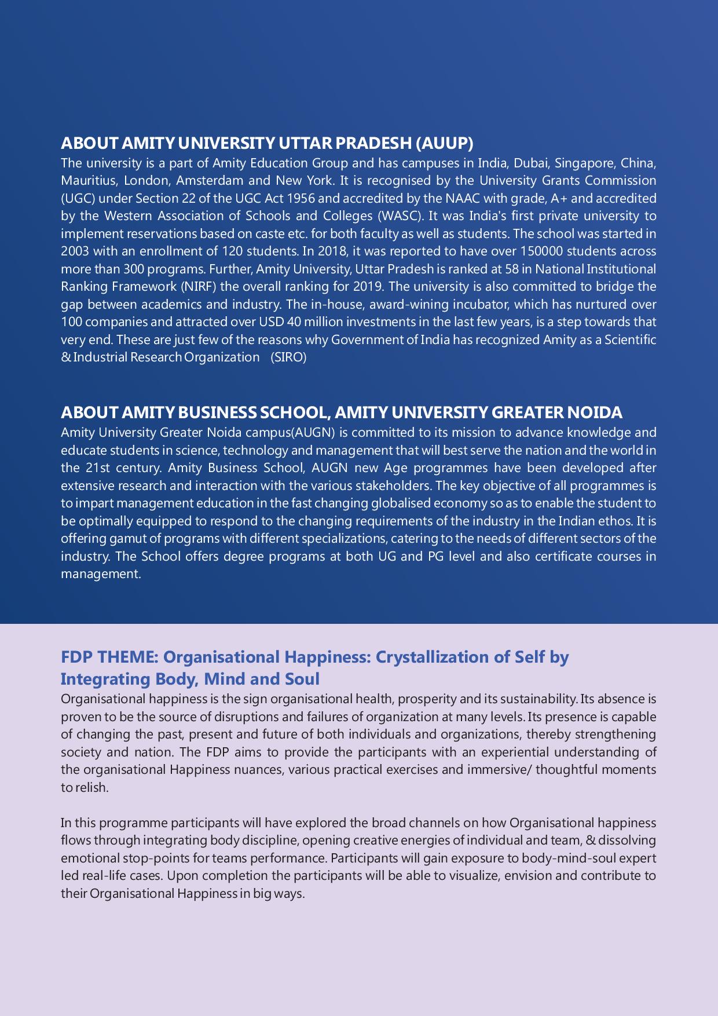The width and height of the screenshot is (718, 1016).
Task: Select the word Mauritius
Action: pyautogui.click(x=88, y=181)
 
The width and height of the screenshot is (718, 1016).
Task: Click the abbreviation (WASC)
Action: pyautogui.click(x=399, y=216)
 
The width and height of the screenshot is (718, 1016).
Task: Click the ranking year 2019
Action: pyautogui.click(x=373, y=287)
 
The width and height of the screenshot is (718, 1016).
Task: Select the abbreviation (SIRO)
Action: pyautogui.click(x=288, y=357)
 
